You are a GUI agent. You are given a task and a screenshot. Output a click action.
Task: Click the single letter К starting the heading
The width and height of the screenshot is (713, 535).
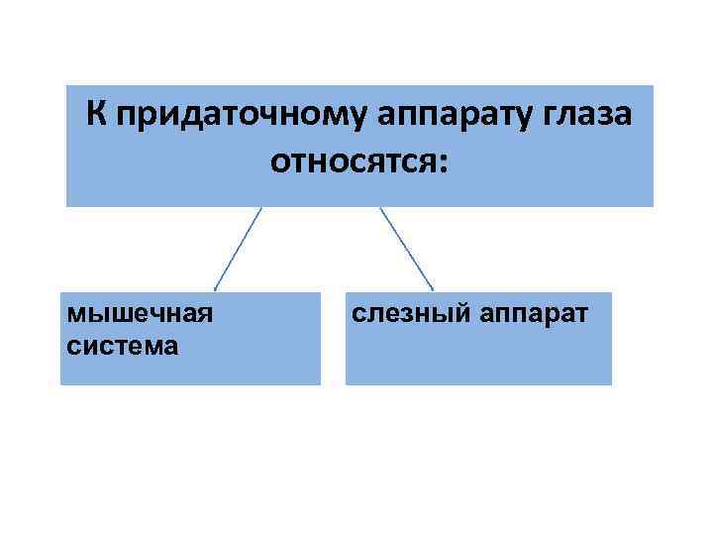coord(95,115)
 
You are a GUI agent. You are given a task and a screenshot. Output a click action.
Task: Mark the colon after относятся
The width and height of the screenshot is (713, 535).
coord(442,160)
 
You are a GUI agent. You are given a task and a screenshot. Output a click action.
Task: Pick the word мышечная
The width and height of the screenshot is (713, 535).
coord(139,315)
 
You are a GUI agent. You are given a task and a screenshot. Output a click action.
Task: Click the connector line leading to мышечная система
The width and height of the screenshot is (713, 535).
coord(240,248)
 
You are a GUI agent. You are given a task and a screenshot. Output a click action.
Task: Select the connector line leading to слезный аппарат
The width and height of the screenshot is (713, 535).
coord(406,248)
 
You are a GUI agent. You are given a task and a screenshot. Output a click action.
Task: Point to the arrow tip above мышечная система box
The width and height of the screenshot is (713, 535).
coord(216,288)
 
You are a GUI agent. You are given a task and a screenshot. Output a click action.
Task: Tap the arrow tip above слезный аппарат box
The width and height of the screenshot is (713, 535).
coord(433,288)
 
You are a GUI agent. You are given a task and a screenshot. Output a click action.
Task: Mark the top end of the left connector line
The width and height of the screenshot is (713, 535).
coord(261,208)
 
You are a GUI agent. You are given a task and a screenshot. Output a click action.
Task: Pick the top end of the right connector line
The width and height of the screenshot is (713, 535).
coord(380,208)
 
